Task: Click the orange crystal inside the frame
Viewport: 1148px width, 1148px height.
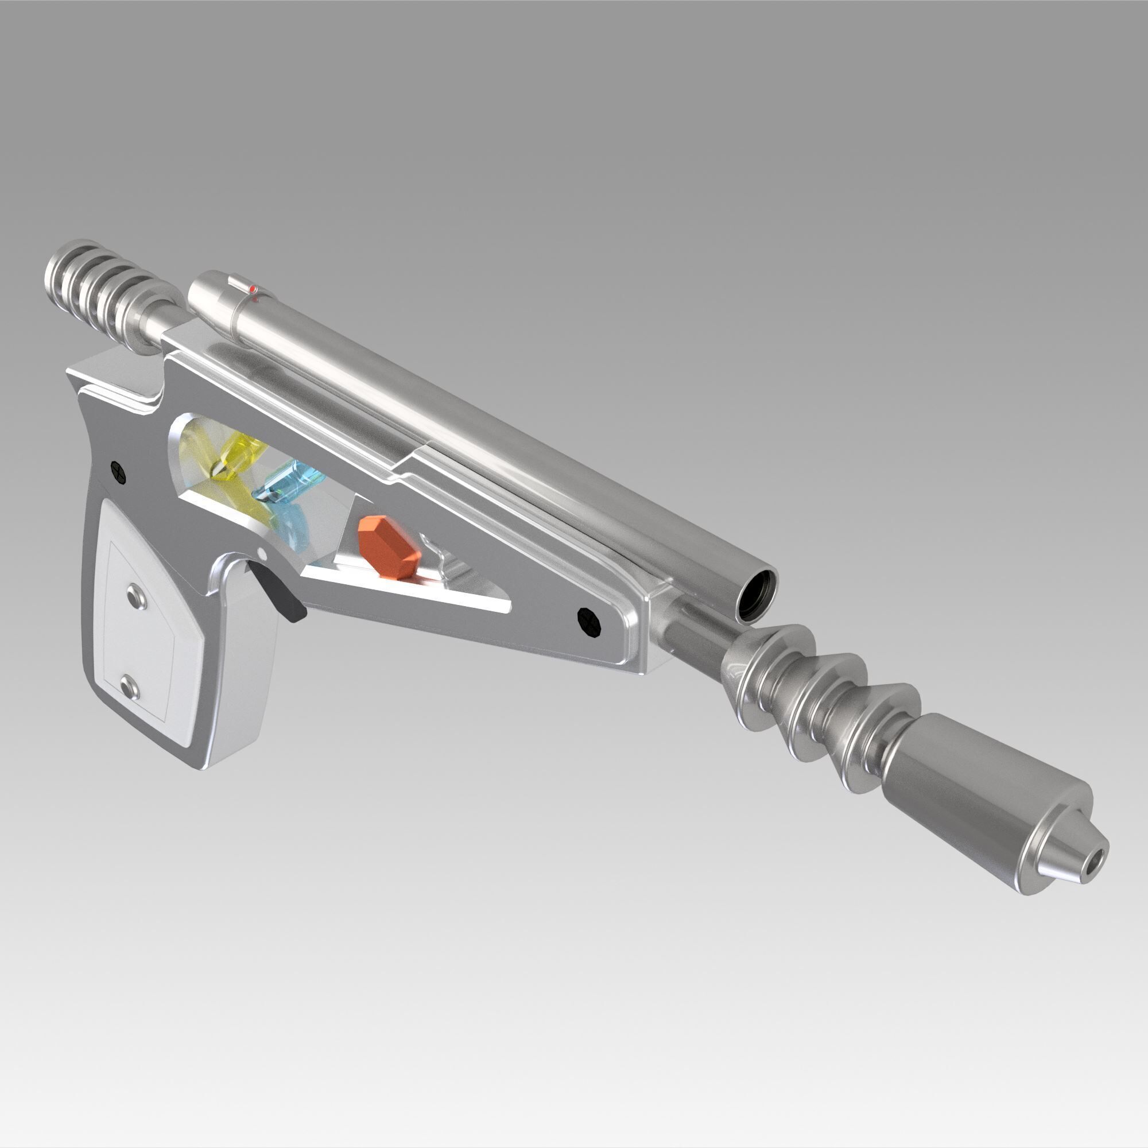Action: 389,546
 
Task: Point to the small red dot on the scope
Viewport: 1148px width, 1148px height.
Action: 253,289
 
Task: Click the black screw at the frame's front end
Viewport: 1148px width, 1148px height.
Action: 589,623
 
